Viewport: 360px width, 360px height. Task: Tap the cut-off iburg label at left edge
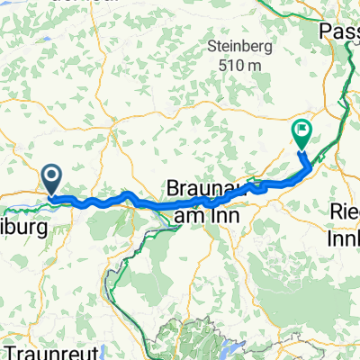22,204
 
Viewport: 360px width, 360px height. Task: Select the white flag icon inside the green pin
300,133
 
